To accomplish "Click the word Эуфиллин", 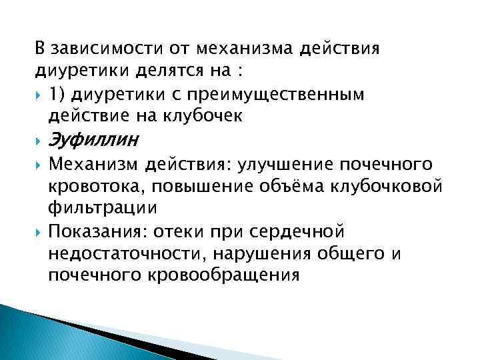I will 93,141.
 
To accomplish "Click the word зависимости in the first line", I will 98,49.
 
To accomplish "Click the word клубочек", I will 189,116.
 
